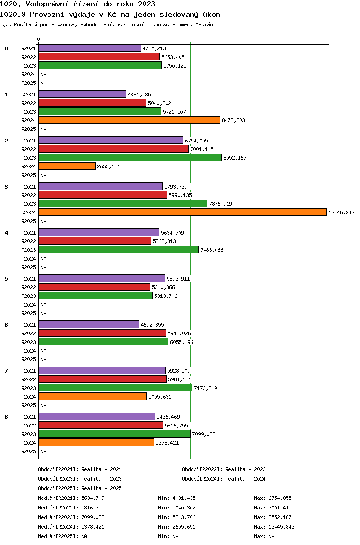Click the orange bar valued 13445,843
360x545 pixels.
(x=183, y=213)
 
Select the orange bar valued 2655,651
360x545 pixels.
(x=67, y=166)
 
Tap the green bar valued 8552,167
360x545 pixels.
(x=131, y=158)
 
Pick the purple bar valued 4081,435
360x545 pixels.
(x=83, y=95)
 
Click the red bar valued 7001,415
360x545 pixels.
(x=114, y=149)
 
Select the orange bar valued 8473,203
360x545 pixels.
(x=130, y=120)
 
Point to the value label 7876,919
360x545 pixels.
(x=220, y=204)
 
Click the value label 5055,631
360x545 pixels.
(x=160, y=397)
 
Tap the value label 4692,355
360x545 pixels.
(x=152, y=325)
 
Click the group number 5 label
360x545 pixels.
(x=6, y=279)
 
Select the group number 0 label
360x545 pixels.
(x=6, y=48)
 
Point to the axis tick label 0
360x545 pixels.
(x=38, y=39)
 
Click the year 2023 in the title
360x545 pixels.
(x=146, y=4)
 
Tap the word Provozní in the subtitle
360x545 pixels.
(x=46, y=14)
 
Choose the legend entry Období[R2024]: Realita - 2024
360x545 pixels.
(x=224, y=479)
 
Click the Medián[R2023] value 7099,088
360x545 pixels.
(x=93, y=518)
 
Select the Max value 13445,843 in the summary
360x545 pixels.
(x=281, y=527)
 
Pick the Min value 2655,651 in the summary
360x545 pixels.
(x=184, y=527)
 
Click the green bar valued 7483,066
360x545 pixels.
(x=119, y=250)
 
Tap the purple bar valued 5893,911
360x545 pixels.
(x=102, y=279)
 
